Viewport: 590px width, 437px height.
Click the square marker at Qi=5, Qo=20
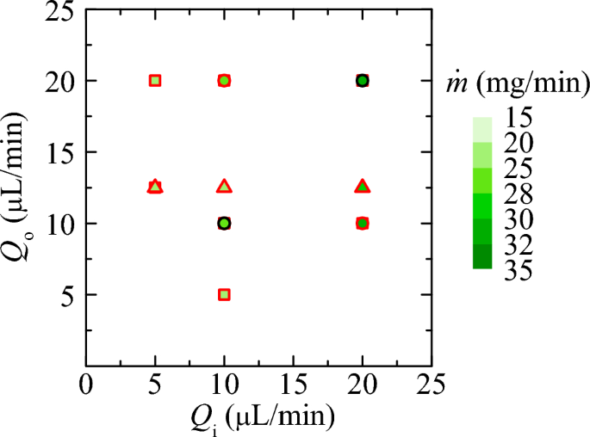click(x=155, y=81)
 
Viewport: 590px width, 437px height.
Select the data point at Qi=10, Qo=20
click(x=224, y=81)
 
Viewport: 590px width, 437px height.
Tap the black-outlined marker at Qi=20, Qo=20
click(x=363, y=81)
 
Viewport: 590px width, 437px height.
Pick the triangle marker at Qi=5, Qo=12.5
click(x=155, y=187)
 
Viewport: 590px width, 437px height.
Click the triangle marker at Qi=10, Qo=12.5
click(x=224, y=187)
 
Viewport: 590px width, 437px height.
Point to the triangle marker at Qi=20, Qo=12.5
click(x=363, y=187)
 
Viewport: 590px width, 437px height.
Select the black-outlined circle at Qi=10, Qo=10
click(x=224, y=224)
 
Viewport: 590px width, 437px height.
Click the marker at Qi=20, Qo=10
click(x=363, y=224)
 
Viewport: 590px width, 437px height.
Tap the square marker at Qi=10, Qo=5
click(x=224, y=294)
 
